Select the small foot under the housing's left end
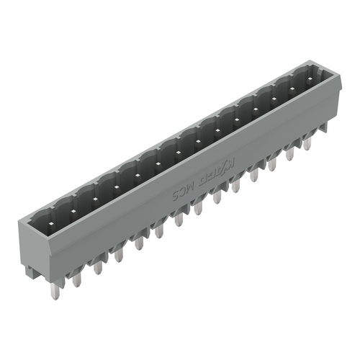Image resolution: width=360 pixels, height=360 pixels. click(33, 271)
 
